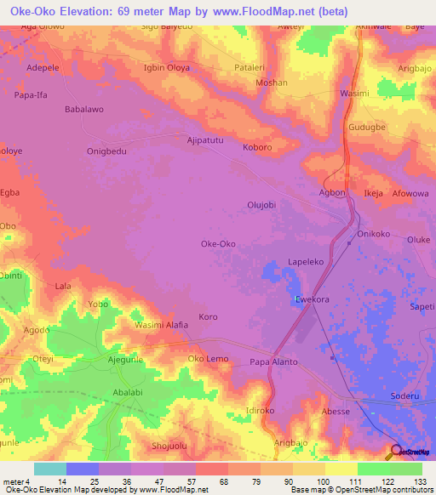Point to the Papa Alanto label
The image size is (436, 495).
(273, 361)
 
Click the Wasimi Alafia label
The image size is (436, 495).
(161, 324)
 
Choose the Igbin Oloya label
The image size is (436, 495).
(167, 67)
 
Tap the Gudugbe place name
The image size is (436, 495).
(368, 127)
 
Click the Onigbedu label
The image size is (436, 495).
(106, 151)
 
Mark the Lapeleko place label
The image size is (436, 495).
(307, 263)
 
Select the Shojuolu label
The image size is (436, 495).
(168, 447)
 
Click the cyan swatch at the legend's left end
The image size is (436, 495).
(49, 469)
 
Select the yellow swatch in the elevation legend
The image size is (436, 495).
(341, 469)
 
